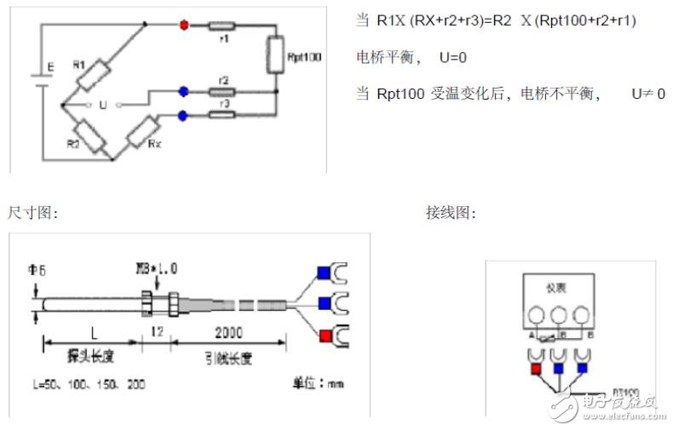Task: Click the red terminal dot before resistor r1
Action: point(182,25)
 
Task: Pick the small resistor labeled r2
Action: point(223,90)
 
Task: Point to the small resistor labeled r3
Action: point(223,113)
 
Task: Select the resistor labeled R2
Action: point(89,136)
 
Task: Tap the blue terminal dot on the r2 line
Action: point(183,90)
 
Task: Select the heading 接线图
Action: point(451,213)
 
